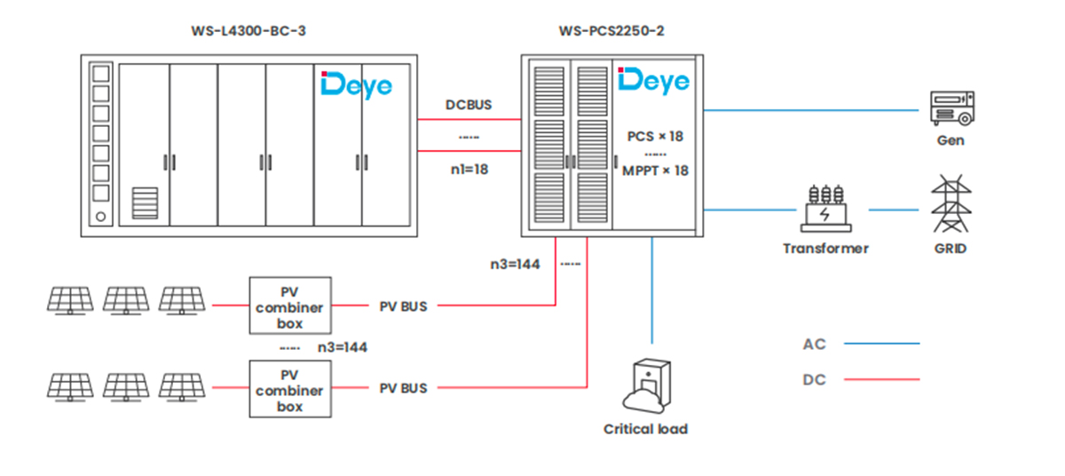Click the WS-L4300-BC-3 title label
coord(248,31)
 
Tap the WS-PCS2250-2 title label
coord(611,31)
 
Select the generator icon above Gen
coord(951,108)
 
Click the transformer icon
coord(826,209)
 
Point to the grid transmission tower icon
coord(951,203)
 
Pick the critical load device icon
coord(647,385)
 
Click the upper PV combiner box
coord(290,305)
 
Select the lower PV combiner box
coord(290,389)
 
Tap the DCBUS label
coord(469,105)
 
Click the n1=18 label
coord(469,170)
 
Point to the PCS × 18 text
coord(655,137)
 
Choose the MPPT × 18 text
coord(655,171)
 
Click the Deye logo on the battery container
coord(357,85)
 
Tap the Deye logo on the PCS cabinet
coord(654,82)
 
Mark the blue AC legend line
coord(882,344)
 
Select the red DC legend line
coord(882,379)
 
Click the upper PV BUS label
coord(403,306)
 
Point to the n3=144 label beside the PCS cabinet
coord(515,265)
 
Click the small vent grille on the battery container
coord(145,203)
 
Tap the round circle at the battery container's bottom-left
coord(101,217)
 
